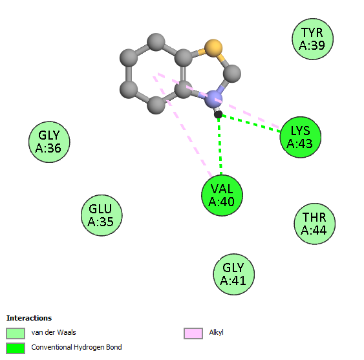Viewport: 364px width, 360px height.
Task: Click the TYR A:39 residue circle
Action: coord(312,39)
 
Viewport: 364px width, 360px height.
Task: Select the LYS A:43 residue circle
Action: coord(301,137)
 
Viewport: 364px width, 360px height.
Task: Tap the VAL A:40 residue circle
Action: coord(222,195)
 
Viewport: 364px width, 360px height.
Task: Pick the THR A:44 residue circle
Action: coord(315,224)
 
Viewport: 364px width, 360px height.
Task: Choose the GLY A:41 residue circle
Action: coord(234,274)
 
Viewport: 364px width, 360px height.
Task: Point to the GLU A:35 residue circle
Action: coord(102,215)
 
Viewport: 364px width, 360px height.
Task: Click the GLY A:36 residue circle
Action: coord(49,142)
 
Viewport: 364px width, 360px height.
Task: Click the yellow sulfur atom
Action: coord(213,48)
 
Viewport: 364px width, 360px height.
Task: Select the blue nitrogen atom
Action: coord(213,100)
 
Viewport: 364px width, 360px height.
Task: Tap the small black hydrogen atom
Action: coord(218,114)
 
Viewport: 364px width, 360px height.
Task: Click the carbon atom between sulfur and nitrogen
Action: coord(232,74)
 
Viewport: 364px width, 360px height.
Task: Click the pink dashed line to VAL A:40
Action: coord(183,127)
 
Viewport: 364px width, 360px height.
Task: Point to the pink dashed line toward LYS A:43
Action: coord(219,101)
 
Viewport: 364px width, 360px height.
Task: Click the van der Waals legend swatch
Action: coord(16,334)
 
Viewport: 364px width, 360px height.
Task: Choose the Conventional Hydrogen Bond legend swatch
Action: coord(16,348)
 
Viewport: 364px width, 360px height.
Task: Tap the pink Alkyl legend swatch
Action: coord(193,334)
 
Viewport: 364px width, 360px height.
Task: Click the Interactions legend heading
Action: coord(29,318)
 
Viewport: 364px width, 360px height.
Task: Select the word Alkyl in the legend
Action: coord(216,333)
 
